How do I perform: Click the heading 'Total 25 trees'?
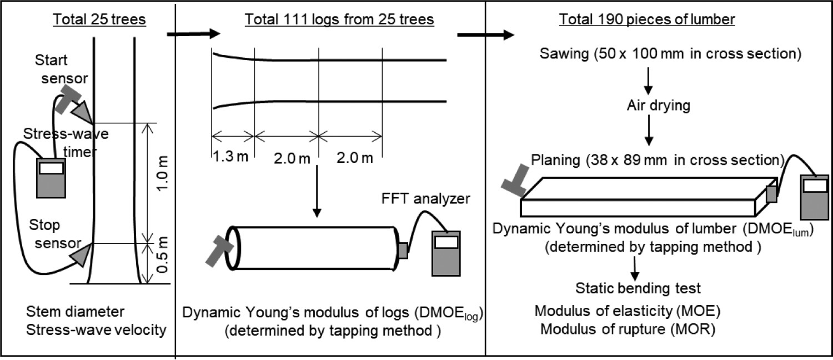[x=99, y=19]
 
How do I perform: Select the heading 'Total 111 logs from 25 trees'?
[x=339, y=19]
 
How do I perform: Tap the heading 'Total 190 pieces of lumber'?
[x=647, y=19]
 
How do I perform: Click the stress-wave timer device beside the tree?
[x=51, y=178]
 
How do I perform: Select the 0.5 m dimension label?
[x=163, y=255]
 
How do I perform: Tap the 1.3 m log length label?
[x=231, y=157]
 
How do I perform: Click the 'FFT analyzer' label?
[x=425, y=198]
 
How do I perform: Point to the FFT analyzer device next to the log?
[x=446, y=254]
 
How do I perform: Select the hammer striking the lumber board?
[x=515, y=181]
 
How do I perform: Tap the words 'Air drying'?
[x=659, y=105]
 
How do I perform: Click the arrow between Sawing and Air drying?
[x=648, y=81]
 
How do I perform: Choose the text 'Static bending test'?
[x=638, y=288]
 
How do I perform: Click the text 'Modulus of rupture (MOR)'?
[x=628, y=329]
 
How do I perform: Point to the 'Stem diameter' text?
[x=75, y=312]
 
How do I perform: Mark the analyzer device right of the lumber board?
[x=815, y=197]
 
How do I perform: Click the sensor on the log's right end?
[x=403, y=250]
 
